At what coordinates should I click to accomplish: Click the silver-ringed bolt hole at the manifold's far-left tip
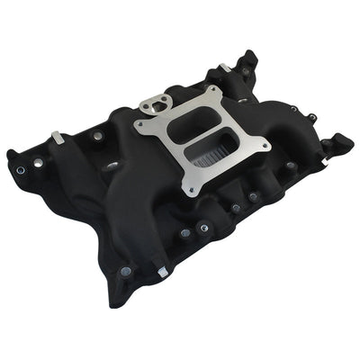tap(19, 169)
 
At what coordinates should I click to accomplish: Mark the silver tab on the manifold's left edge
tap(56, 137)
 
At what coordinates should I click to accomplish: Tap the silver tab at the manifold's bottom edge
tap(161, 271)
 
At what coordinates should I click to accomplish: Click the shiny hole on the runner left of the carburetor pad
tap(112, 166)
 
